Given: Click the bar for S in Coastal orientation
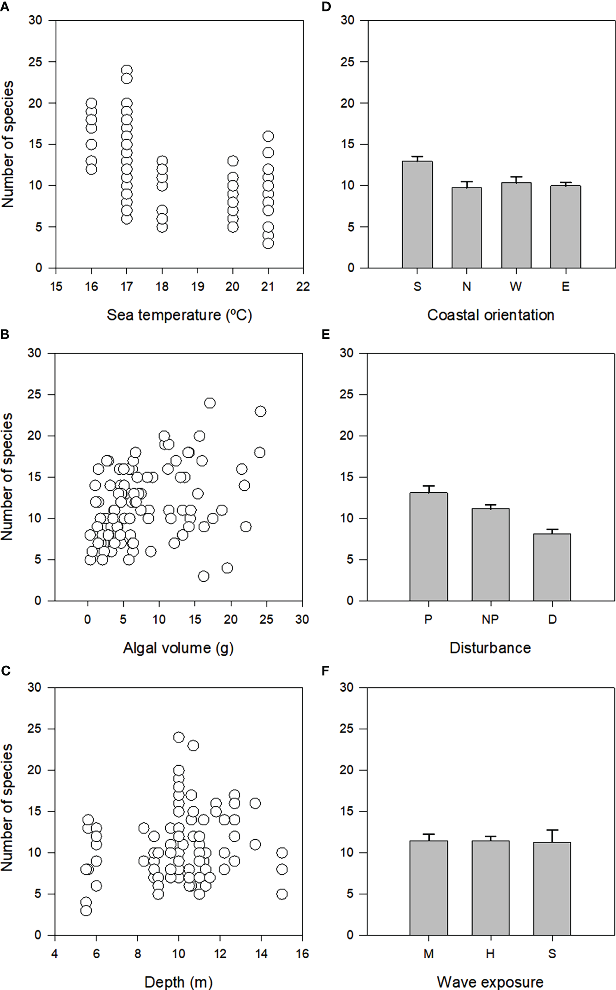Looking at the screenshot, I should pyautogui.click(x=417, y=215).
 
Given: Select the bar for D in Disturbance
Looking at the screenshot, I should pyautogui.click(x=552, y=567).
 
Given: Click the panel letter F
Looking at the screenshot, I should pyautogui.click(x=326, y=671).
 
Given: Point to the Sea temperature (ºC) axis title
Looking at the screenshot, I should pyautogui.click(x=179, y=315).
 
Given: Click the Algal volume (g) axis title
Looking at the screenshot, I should pyautogui.click(x=178, y=648).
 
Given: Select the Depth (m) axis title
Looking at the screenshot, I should pyautogui.click(x=178, y=982).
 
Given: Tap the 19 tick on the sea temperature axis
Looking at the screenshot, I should pyautogui.click(x=197, y=286).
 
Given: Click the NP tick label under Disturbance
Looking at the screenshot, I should pyautogui.click(x=490, y=619).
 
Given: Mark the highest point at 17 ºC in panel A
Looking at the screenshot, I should pyautogui.click(x=127, y=70).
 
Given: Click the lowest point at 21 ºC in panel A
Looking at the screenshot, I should pyautogui.click(x=268, y=243).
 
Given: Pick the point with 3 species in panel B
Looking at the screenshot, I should pyautogui.click(x=203, y=576).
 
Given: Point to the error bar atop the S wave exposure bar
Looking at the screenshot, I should pyautogui.click(x=552, y=835).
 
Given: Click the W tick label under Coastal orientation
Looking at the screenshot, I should pyautogui.click(x=516, y=286).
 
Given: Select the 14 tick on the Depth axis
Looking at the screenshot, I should pyautogui.click(x=261, y=953).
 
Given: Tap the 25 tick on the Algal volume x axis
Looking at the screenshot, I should pyautogui.click(x=266, y=619).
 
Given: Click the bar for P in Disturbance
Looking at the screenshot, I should pyautogui.click(x=428, y=547).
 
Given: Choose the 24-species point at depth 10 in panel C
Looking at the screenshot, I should pyautogui.click(x=179, y=737).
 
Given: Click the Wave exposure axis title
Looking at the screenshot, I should pyautogui.click(x=490, y=982).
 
